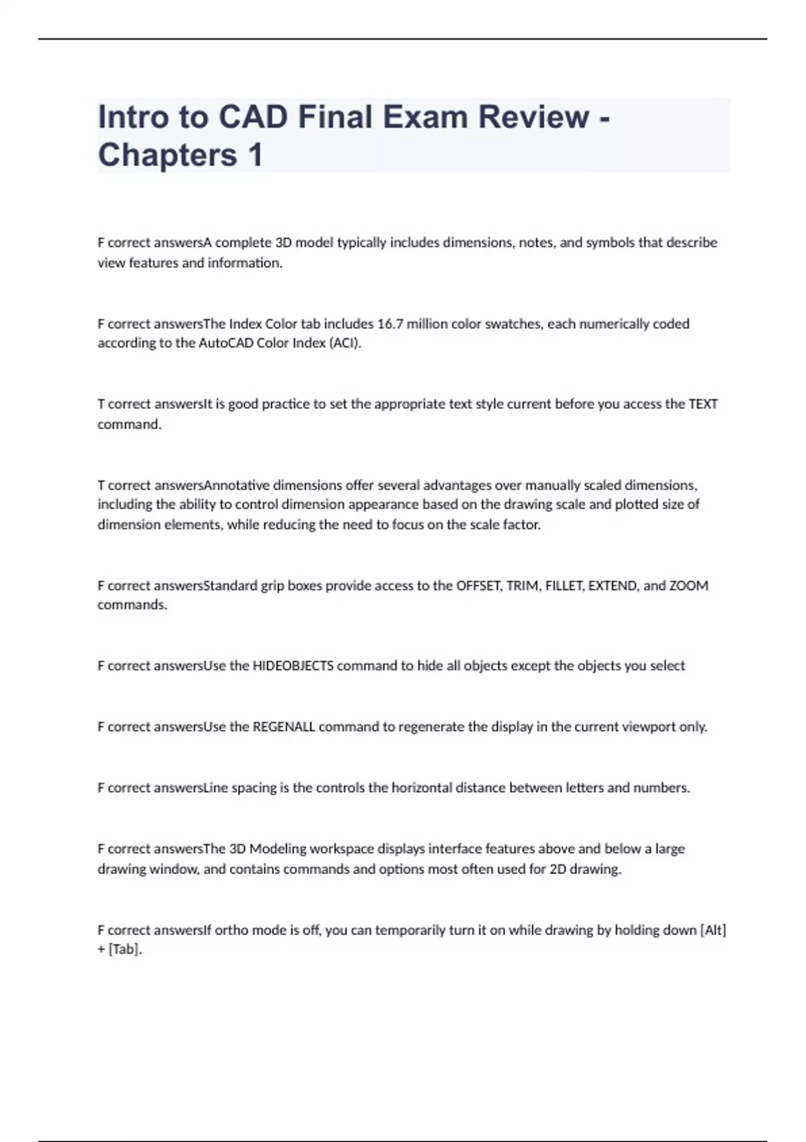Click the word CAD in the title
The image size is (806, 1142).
pyautogui.click(x=254, y=117)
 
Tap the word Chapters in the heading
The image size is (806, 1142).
pyautogui.click(x=167, y=155)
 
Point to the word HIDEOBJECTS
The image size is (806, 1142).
pyautogui.click(x=293, y=666)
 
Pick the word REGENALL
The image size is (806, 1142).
pyautogui.click(x=283, y=727)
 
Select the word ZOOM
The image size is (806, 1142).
pyautogui.click(x=688, y=586)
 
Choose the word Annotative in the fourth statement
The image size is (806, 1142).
pyautogui.click(x=236, y=485)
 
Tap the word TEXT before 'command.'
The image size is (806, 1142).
pyautogui.click(x=703, y=404)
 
